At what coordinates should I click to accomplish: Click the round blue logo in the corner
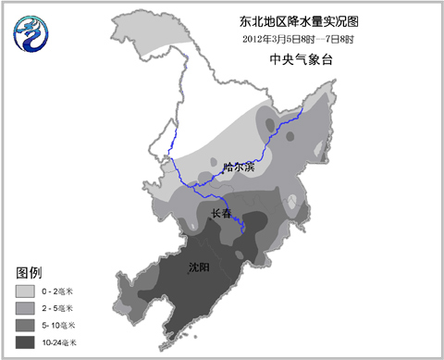tap(32, 36)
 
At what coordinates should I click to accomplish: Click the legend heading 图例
tap(30, 273)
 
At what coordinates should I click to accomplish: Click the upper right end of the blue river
tap(303, 108)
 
